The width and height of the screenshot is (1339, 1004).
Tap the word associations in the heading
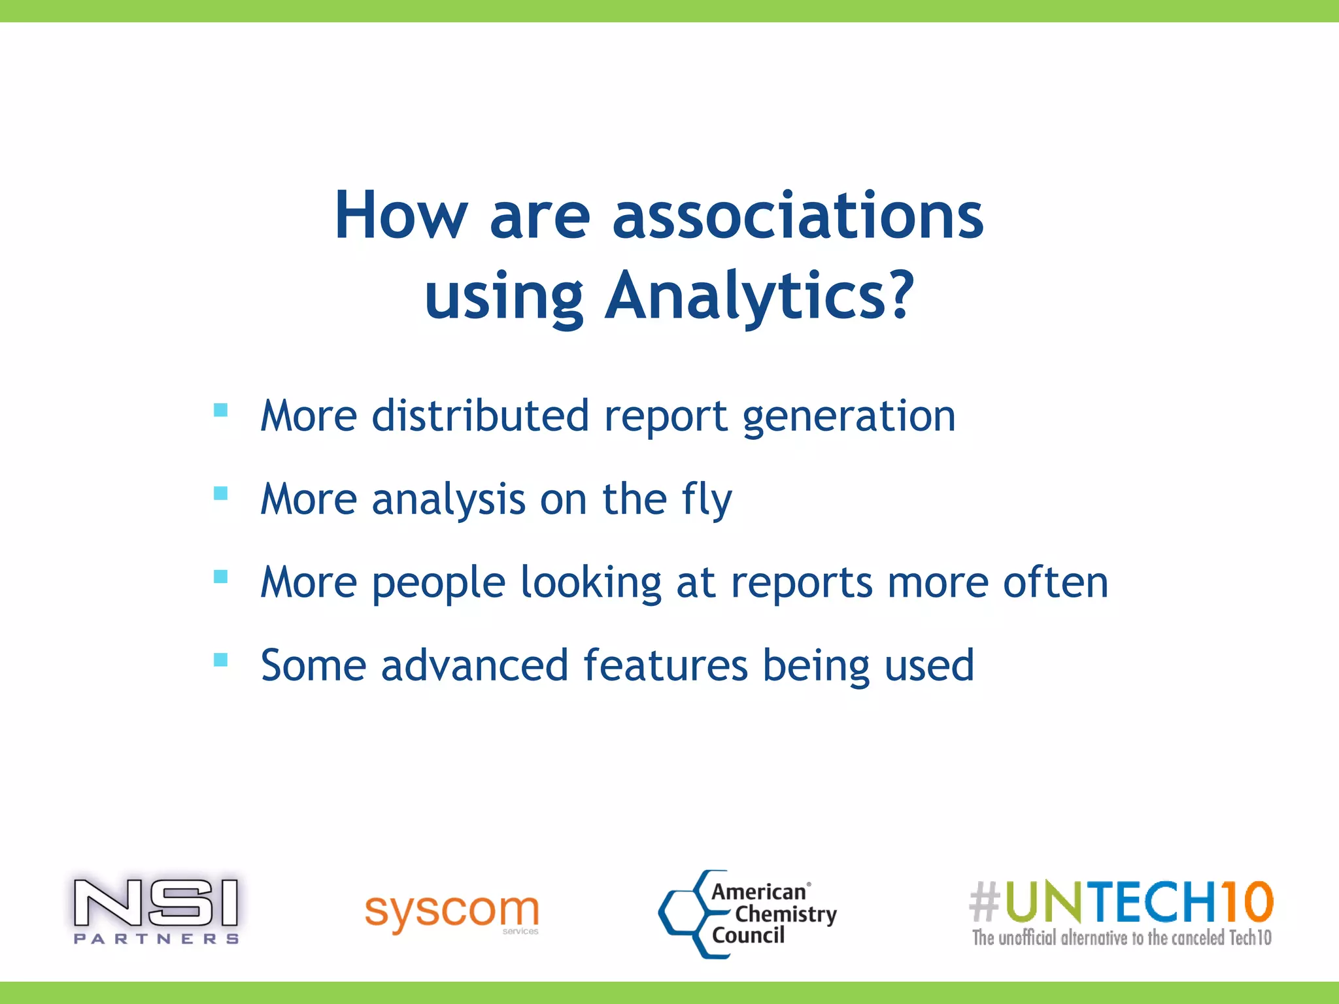pos(798,216)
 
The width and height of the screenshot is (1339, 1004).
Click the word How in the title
pos(401,216)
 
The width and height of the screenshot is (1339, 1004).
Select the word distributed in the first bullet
pos(481,416)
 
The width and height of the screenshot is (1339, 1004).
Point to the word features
pos(665,665)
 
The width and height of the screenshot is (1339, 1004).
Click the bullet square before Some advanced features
pos(221,660)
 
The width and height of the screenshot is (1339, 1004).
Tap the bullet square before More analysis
pos(221,494)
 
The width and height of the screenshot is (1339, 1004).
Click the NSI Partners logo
pos(156,909)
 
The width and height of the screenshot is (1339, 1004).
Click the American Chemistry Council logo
pos(749,914)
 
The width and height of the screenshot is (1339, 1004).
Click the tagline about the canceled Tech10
pos(1121,938)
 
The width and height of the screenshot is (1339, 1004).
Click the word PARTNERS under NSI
pos(156,939)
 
